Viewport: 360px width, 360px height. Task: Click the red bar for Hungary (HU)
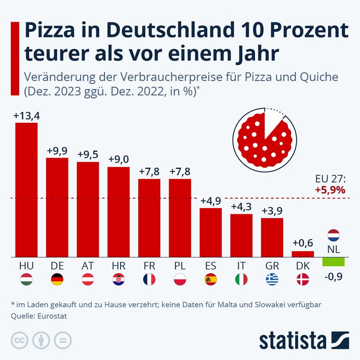pos(26,190)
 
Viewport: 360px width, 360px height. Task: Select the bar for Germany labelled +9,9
pos(57,208)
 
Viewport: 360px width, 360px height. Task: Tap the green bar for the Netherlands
pos(333,262)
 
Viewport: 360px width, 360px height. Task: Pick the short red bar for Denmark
pos(302,254)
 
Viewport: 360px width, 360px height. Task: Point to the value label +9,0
pos(119,159)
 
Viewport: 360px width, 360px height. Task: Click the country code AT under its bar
pos(88,266)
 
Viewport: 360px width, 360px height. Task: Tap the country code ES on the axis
pos(210,266)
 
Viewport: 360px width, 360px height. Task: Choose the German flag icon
pos(57,280)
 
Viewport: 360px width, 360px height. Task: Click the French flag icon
pos(149,280)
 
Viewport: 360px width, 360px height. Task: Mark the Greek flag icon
pos(272,280)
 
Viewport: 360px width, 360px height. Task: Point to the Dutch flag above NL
pos(333,235)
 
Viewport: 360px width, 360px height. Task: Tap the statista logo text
pos(293,339)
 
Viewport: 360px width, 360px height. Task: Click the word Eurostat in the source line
pos(52,316)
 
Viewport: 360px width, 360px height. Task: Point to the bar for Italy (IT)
pos(241,236)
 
